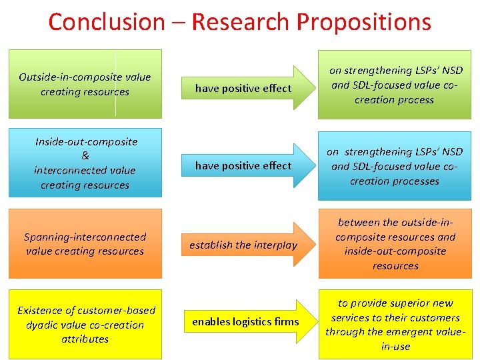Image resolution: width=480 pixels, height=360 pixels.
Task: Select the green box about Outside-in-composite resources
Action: tap(85, 84)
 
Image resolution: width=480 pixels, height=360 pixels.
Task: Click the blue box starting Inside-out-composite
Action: tap(85, 163)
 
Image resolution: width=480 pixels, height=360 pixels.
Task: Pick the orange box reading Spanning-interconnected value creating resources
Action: tap(85, 243)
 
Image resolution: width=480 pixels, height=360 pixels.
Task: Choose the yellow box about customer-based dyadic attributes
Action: tap(85, 324)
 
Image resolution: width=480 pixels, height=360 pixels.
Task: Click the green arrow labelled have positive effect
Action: tap(243, 88)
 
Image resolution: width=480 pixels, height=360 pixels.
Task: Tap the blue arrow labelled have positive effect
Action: tap(243, 165)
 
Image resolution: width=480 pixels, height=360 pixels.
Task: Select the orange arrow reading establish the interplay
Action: tap(243, 245)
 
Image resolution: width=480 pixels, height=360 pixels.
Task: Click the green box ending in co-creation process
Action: tap(395, 85)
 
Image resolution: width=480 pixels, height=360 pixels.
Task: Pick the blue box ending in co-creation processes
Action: tap(395, 166)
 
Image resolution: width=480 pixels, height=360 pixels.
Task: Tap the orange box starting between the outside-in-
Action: tap(395, 243)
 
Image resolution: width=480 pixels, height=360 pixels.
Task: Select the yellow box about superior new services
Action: tap(395, 324)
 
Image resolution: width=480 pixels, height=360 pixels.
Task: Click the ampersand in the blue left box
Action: tap(85, 156)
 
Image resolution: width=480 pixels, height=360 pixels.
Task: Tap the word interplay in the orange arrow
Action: tap(275, 245)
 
